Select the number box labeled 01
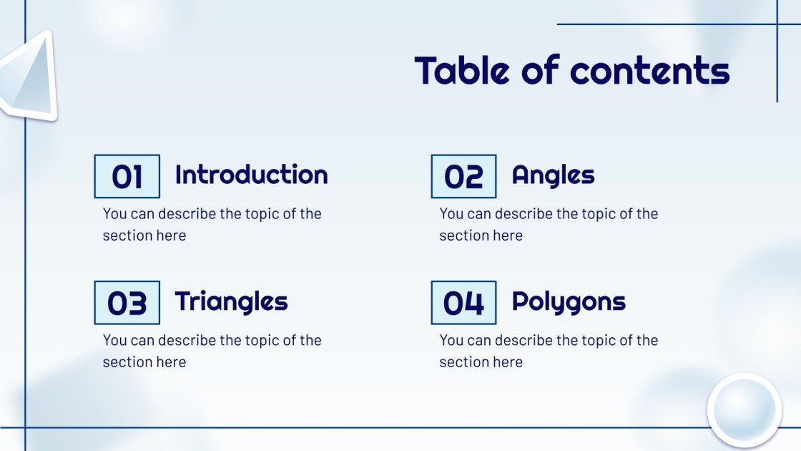[x=127, y=176]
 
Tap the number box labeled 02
[x=463, y=176]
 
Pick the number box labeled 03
[x=127, y=303]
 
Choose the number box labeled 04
[x=463, y=303]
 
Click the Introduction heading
[x=251, y=174]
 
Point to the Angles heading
[x=553, y=174]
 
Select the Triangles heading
[x=231, y=301]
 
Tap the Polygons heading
[x=569, y=301]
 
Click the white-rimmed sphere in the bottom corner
[x=745, y=411]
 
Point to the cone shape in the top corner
[x=29, y=76]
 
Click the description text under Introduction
[x=212, y=224]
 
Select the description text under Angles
[x=549, y=224]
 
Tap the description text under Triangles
[x=212, y=351]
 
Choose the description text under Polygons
[x=549, y=351]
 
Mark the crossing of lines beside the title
[x=777, y=24]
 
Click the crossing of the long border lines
[x=26, y=428]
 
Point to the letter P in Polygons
[x=521, y=301]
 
